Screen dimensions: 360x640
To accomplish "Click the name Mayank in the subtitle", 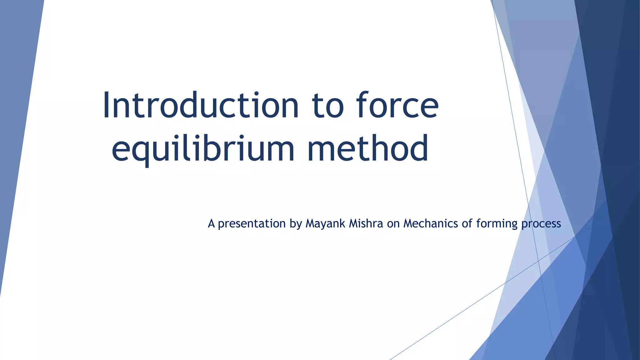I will pyautogui.click(x=325, y=224).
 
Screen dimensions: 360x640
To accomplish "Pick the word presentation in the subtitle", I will pyautogui.click(x=252, y=224).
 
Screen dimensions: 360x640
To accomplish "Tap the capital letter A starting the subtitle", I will pyautogui.click(x=211, y=224).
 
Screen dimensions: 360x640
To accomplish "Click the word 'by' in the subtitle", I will pyautogui.click(x=295, y=224).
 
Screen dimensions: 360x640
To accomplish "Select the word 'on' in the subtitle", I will pyautogui.click(x=393, y=224).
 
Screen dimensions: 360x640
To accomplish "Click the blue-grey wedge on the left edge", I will pyautogui.click(x=16, y=125).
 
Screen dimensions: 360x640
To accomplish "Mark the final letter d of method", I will pyautogui.click(x=419, y=147).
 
